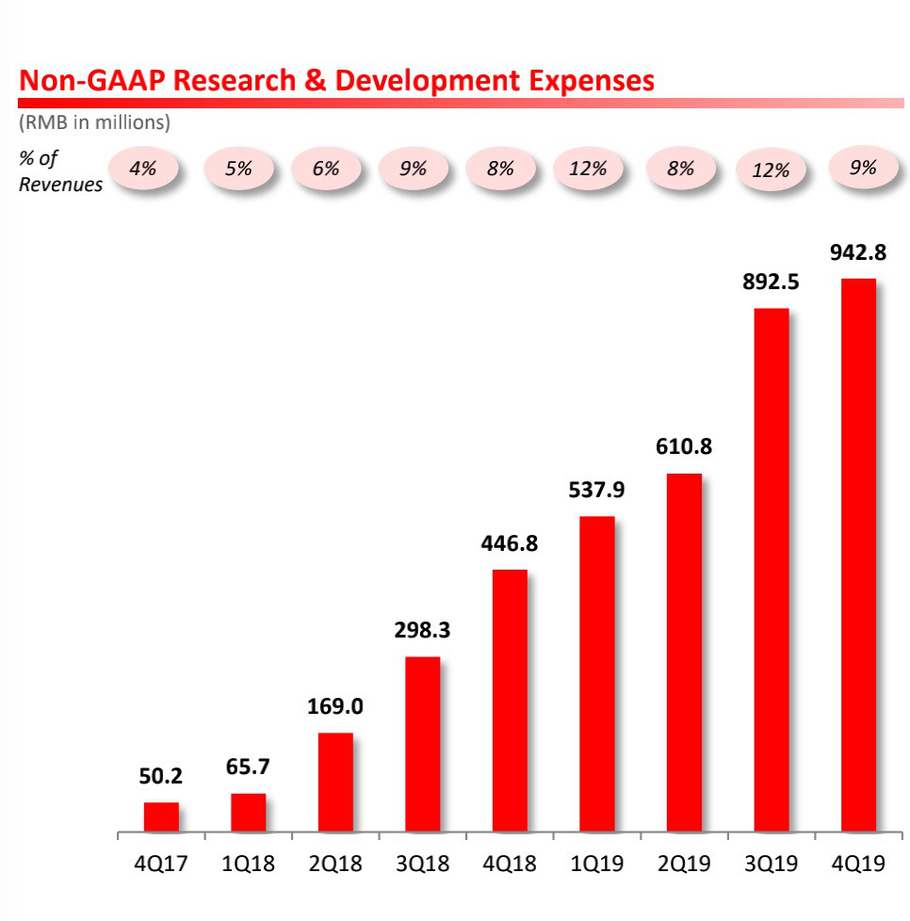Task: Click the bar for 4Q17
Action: (x=161, y=817)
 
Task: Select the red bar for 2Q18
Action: (x=335, y=783)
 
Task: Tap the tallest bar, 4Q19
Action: (x=858, y=556)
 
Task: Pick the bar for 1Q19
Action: (x=597, y=674)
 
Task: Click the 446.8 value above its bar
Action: (x=510, y=543)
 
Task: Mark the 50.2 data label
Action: (x=161, y=777)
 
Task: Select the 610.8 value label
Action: (x=684, y=446)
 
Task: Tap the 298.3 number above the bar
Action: (x=422, y=630)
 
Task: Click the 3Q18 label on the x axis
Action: (x=422, y=864)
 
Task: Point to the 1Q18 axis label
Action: (x=248, y=864)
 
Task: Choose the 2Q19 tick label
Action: (x=684, y=864)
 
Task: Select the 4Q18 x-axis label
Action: (x=510, y=864)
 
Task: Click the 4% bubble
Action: (x=144, y=170)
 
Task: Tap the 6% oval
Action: (x=326, y=170)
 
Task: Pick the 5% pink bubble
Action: (x=239, y=170)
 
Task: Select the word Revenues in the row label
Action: (x=60, y=185)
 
